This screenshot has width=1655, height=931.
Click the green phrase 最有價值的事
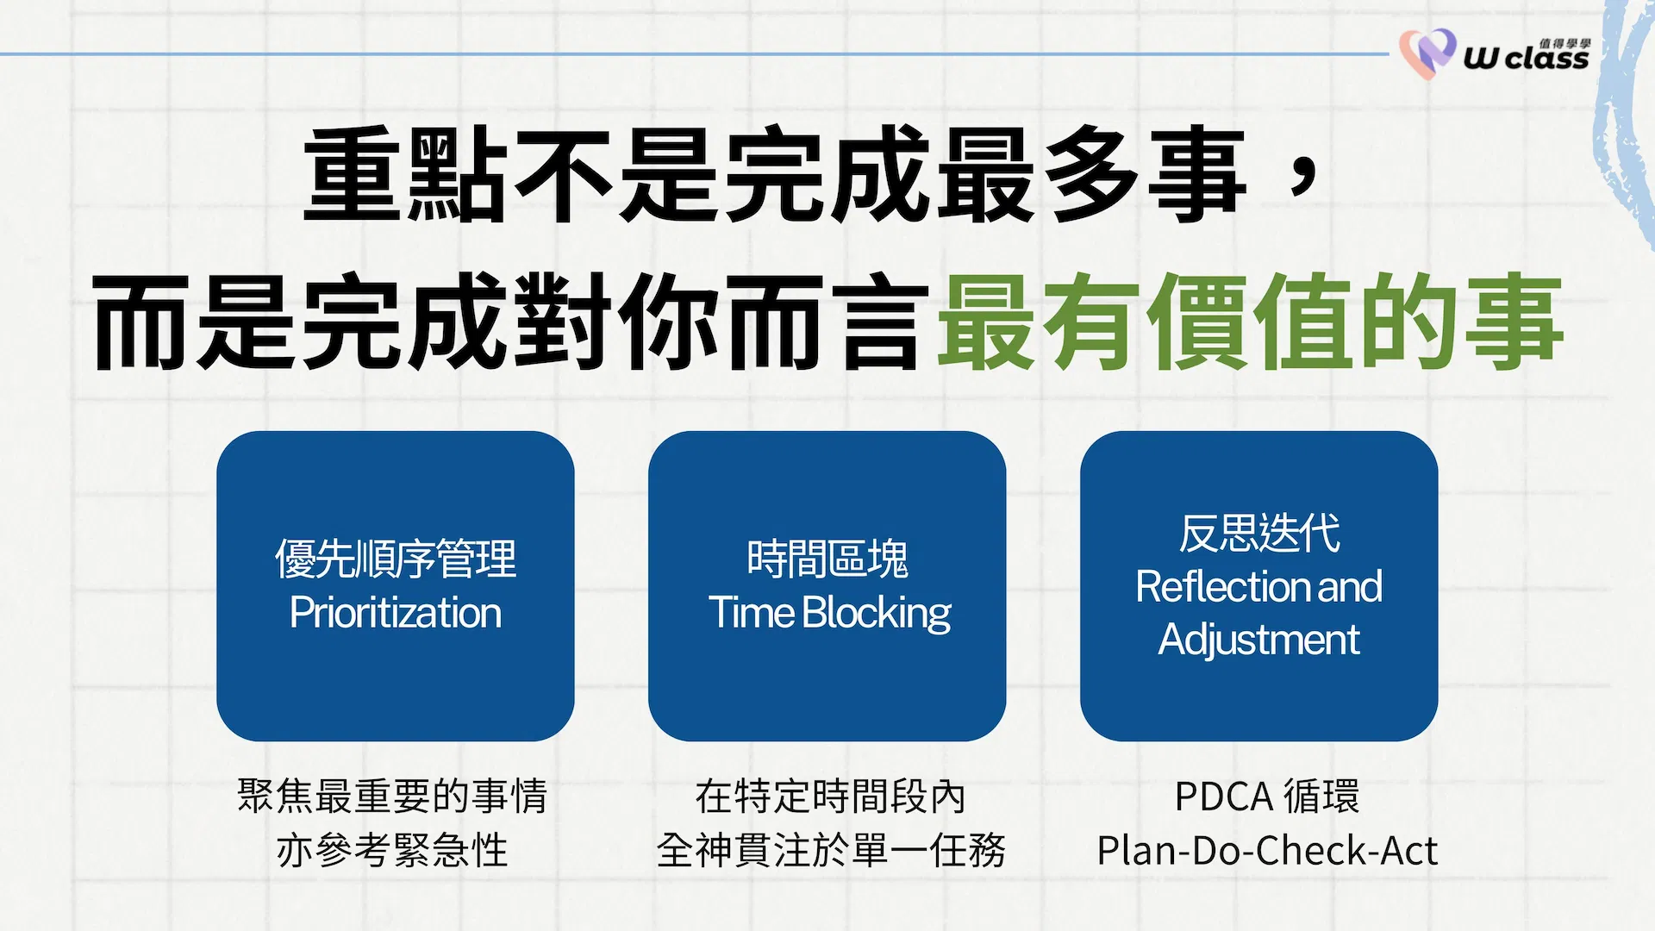[x=1250, y=321]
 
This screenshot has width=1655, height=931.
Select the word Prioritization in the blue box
[x=396, y=613]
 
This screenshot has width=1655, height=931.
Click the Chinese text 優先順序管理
[x=396, y=559]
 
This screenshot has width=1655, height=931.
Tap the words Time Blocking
[x=829, y=614]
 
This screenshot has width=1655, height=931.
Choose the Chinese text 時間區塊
[x=827, y=559]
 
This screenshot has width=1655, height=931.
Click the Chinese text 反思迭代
[x=1259, y=533]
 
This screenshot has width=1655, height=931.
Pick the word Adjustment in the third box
[x=1259, y=640]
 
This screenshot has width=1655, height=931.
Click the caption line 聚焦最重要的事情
[x=393, y=796]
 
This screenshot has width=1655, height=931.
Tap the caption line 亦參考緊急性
[x=393, y=850]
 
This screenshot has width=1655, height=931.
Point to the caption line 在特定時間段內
[x=830, y=796]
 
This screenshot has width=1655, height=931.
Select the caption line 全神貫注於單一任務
[x=830, y=850]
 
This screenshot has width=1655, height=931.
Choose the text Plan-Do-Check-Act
[x=1267, y=851]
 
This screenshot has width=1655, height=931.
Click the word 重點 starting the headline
[x=405, y=174]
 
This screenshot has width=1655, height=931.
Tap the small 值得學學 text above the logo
[x=1565, y=42]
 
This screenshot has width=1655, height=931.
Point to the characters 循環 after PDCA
[x=1321, y=796]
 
